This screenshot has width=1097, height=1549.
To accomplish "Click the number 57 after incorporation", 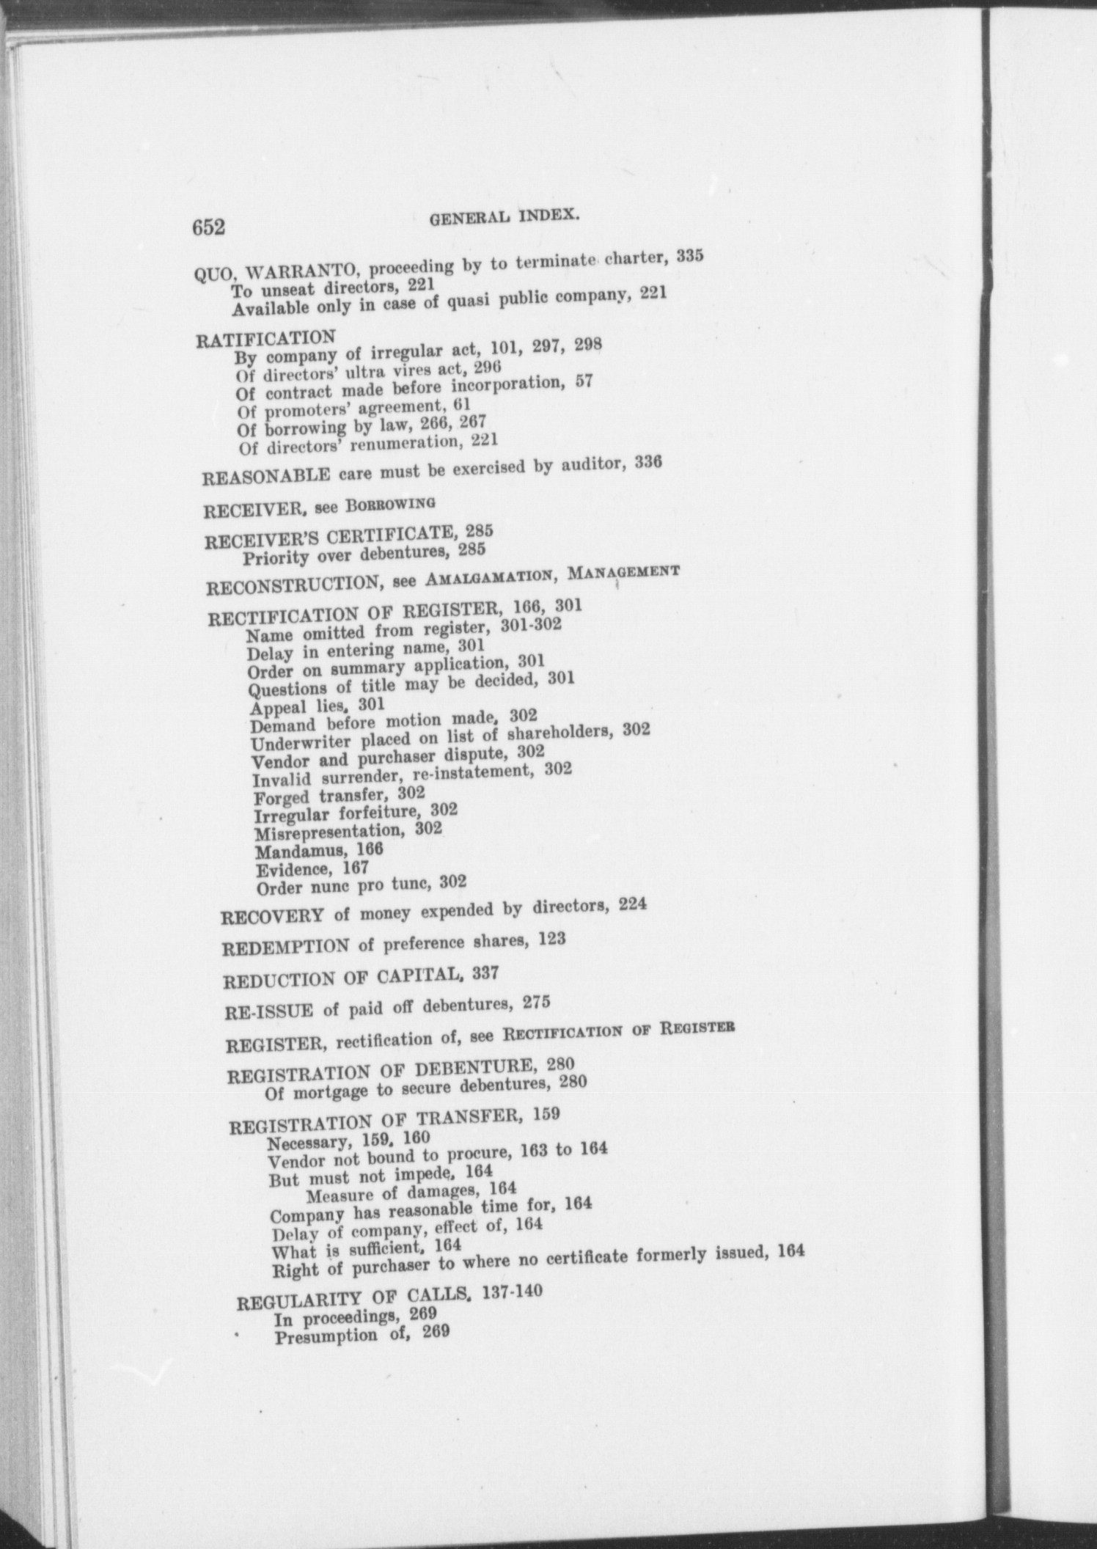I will tap(584, 381).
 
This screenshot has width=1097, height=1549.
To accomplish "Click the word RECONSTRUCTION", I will tap(292, 587).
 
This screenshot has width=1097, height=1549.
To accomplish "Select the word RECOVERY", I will tap(272, 917).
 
